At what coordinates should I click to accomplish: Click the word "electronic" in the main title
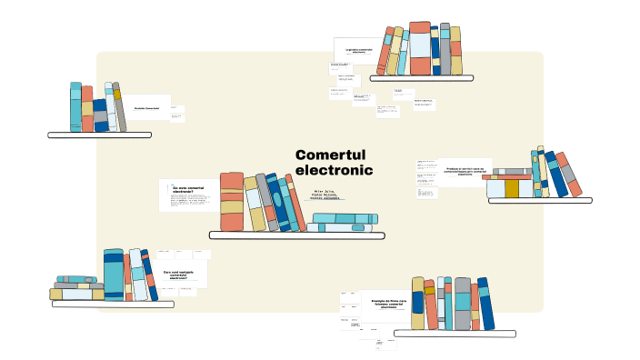click(x=334, y=170)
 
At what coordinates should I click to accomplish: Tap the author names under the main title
click(x=325, y=195)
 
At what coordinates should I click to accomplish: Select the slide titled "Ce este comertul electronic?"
click(x=187, y=190)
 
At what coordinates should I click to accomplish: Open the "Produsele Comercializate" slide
click(x=145, y=108)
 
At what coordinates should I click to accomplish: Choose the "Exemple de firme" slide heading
click(x=388, y=303)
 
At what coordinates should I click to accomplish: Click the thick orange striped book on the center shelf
click(x=232, y=201)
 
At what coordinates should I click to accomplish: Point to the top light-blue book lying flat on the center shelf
click(x=345, y=217)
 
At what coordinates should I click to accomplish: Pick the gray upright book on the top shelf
click(x=445, y=49)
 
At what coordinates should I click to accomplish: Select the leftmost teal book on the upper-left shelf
click(x=75, y=107)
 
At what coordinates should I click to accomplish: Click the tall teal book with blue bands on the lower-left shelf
click(x=114, y=274)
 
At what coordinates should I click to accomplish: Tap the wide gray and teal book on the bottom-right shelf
click(x=463, y=303)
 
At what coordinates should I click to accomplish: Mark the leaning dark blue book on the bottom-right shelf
click(x=486, y=303)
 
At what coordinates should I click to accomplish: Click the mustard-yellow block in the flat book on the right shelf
click(x=512, y=188)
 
